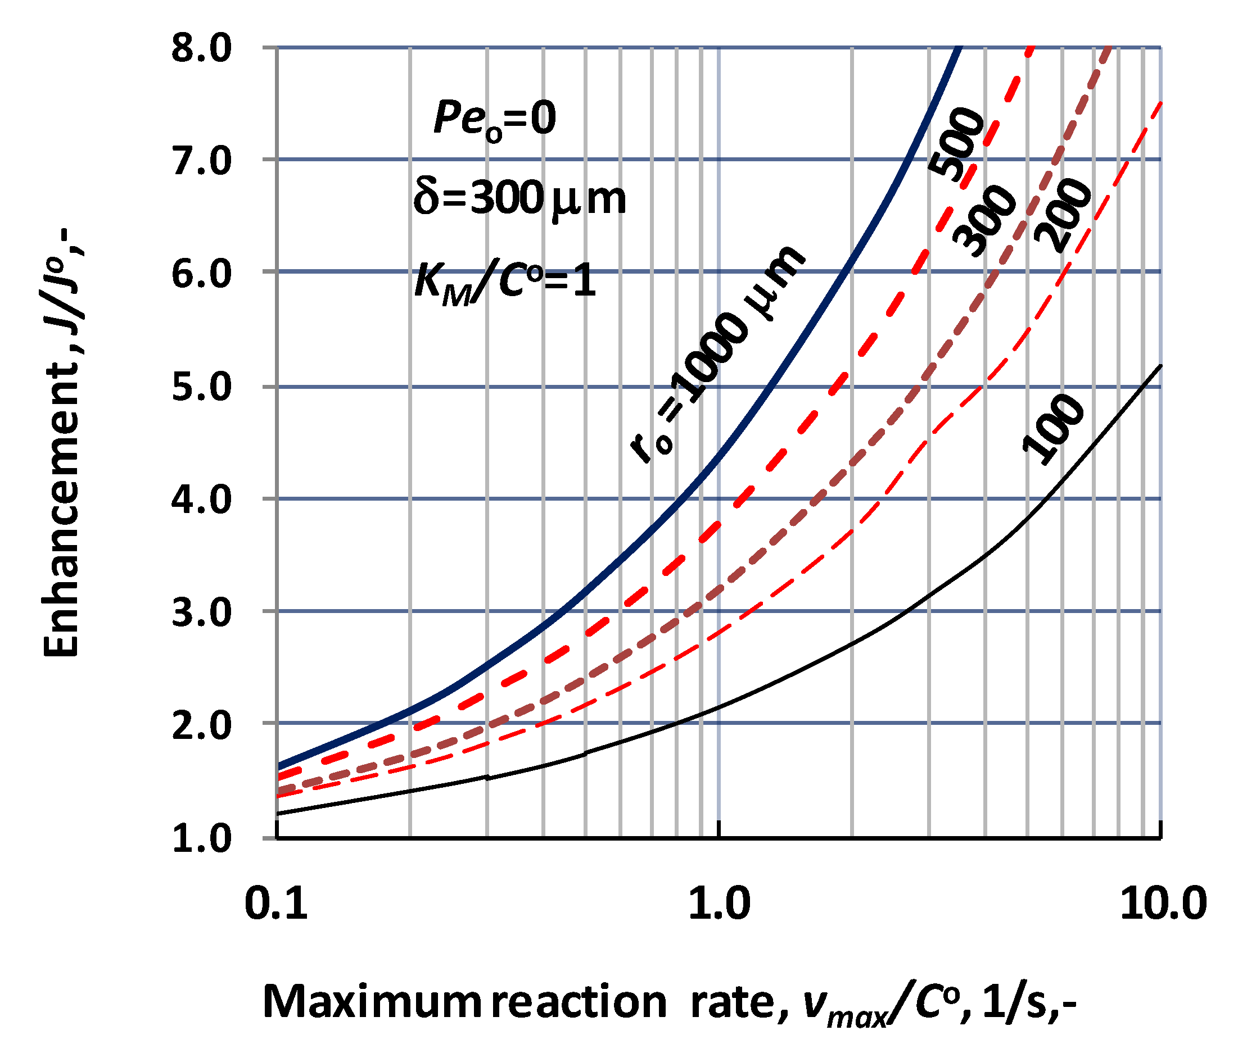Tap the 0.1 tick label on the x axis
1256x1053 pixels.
point(275,903)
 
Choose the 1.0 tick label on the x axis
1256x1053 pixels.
point(719,903)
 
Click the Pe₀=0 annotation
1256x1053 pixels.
point(494,119)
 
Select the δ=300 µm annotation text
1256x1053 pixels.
point(518,199)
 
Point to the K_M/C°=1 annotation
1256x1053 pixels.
point(504,282)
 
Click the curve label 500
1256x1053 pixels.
point(956,144)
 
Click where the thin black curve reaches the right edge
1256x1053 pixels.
point(1160,366)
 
